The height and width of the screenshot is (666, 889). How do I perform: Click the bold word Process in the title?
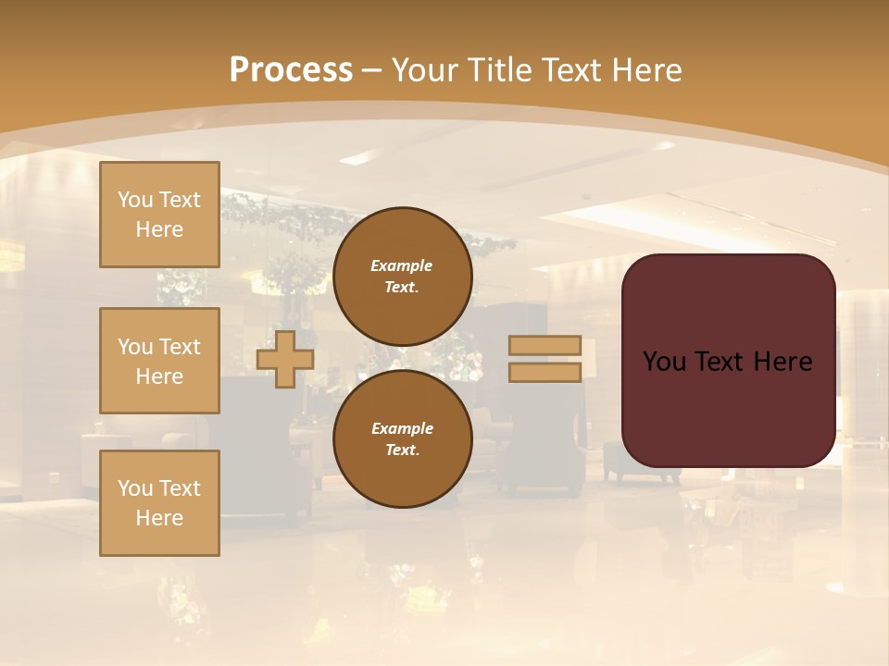tap(291, 70)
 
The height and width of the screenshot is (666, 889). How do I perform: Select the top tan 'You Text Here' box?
tap(159, 215)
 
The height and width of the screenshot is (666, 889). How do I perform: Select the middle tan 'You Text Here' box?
tap(159, 361)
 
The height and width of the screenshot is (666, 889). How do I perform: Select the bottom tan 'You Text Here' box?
tap(159, 503)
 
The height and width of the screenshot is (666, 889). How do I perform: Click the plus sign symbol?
tap(285, 359)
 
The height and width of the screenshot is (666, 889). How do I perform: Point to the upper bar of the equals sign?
tap(545, 346)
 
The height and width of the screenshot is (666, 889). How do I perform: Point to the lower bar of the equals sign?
tap(545, 372)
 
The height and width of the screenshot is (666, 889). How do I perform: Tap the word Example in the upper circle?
tap(402, 265)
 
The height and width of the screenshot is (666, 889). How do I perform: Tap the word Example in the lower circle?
tap(402, 428)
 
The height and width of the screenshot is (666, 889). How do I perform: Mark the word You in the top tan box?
tap(135, 200)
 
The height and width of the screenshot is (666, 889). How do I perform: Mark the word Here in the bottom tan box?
tap(159, 518)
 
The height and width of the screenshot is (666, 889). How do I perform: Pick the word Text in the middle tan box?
tap(180, 347)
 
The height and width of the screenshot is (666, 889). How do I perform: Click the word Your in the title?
tap(427, 70)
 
